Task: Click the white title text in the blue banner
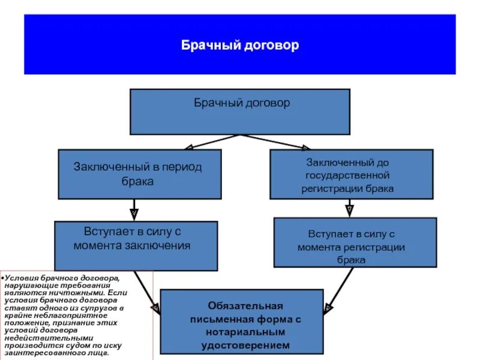240,46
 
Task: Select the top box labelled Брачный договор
240,112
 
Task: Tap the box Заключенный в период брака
139,174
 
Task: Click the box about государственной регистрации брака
351,175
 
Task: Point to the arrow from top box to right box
276,142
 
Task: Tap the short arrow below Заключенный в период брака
134,210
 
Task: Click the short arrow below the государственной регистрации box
349,208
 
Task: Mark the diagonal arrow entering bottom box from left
147,291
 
